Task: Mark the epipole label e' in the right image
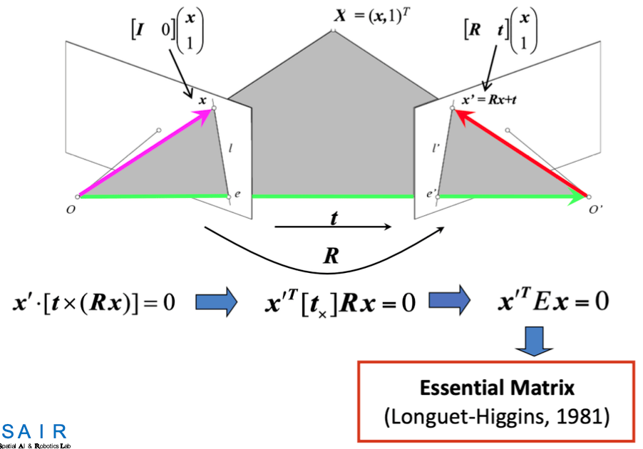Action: [431, 193]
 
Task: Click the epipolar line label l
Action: [231, 149]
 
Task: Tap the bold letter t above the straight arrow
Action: [332, 219]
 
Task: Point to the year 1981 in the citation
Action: [583, 416]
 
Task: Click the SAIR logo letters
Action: [34, 432]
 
